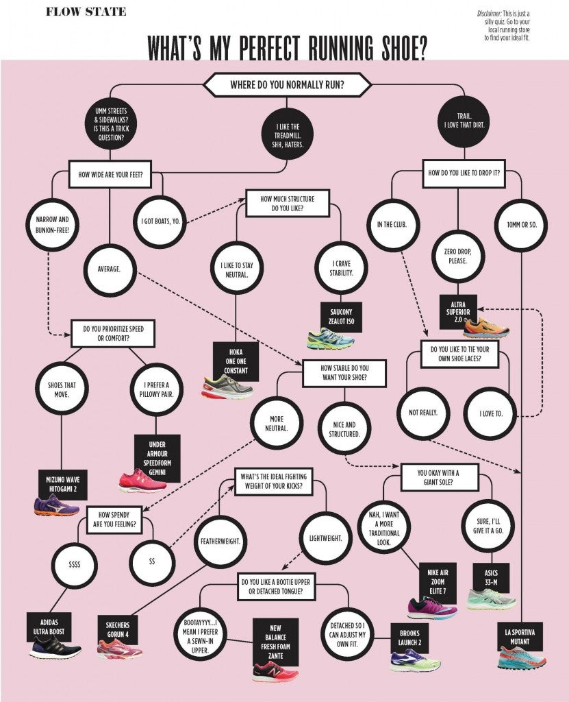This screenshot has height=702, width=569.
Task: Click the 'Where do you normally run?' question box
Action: (x=287, y=85)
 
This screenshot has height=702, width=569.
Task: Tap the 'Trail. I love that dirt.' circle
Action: (x=464, y=122)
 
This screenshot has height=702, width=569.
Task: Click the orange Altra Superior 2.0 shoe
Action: (x=485, y=328)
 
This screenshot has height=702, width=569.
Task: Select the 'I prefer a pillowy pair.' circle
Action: (x=156, y=389)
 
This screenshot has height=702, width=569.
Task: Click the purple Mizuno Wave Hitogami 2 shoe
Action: (x=55, y=505)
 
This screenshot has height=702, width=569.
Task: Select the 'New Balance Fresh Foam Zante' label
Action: (x=275, y=640)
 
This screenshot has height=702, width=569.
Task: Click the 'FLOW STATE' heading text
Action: (x=86, y=12)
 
